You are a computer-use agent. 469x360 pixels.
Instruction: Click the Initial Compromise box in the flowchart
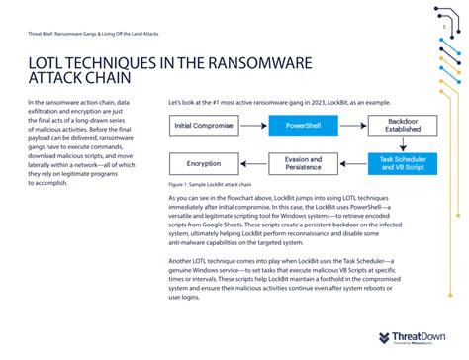tap(204, 126)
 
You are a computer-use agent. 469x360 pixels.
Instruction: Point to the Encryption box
tap(204, 162)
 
